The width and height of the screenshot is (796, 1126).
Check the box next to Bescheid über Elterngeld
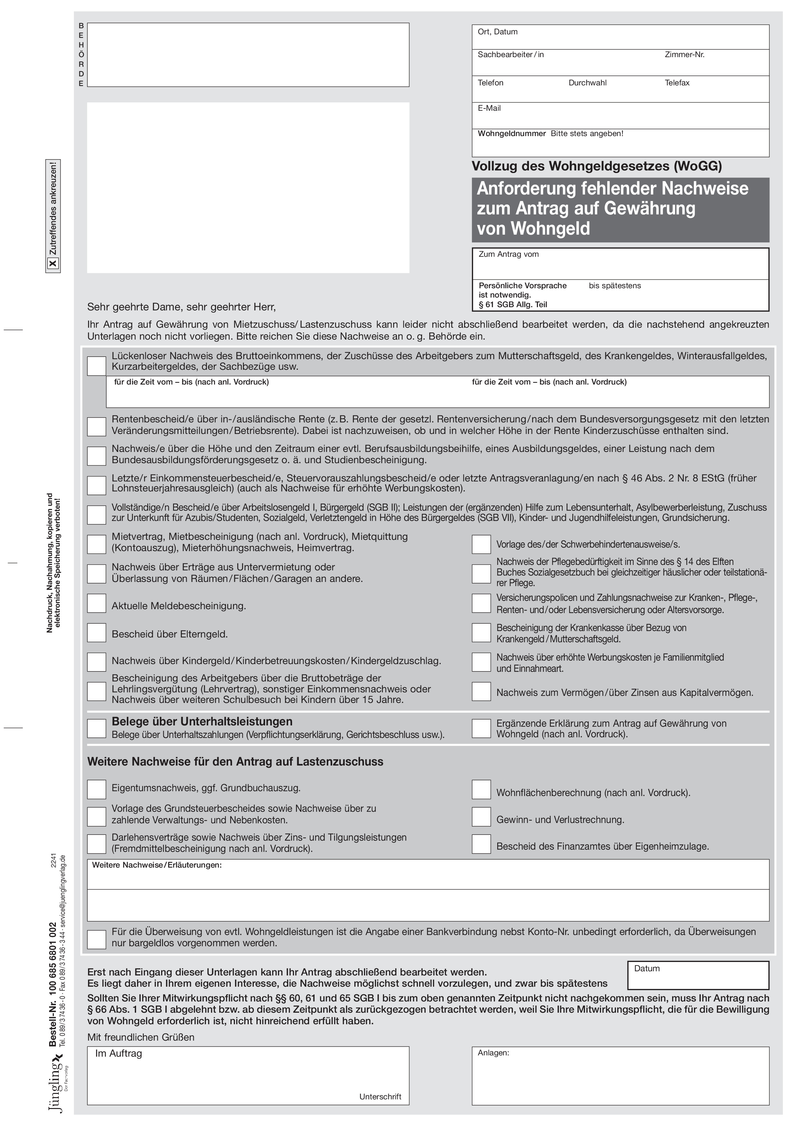coord(97,633)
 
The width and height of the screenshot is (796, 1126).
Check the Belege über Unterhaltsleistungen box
coord(97,728)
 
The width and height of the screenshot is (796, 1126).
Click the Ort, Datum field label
coord(497,32)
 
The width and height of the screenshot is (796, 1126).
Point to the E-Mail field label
coord(489,108)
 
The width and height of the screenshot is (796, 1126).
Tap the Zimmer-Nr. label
coord(684,55)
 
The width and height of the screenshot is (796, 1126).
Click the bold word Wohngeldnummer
coord(512,134)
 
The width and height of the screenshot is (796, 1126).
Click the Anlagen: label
coord(493,1052)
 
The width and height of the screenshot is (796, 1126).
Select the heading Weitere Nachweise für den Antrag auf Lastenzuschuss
coord(235,762)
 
